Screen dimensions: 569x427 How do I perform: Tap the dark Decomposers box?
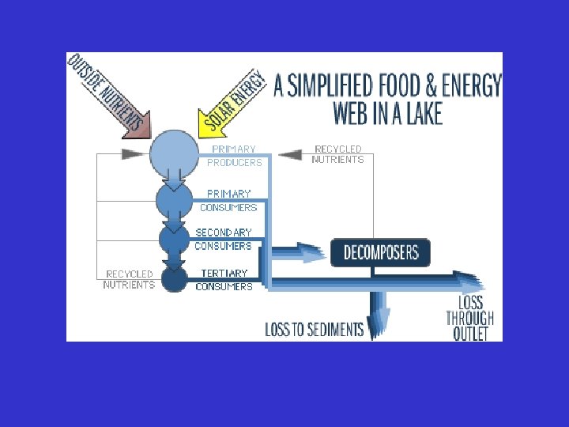(x=380, y=253)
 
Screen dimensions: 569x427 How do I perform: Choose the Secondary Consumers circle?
(x=174, y=237)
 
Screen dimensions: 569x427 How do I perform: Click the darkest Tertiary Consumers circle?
(x=174, y=278)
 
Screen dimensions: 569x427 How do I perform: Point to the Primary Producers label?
(x=234, y=156)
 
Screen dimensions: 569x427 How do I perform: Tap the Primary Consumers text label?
(x=228, y=200)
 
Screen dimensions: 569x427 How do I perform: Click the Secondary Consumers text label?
(x=224, y=239)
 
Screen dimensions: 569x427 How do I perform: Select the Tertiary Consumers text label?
(x=224, y=280)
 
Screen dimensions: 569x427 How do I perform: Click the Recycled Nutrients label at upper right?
(x=337, y=154)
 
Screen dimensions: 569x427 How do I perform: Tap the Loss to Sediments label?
(x=314, y=330)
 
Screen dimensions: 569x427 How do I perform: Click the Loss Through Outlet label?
(x=469, y=319)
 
